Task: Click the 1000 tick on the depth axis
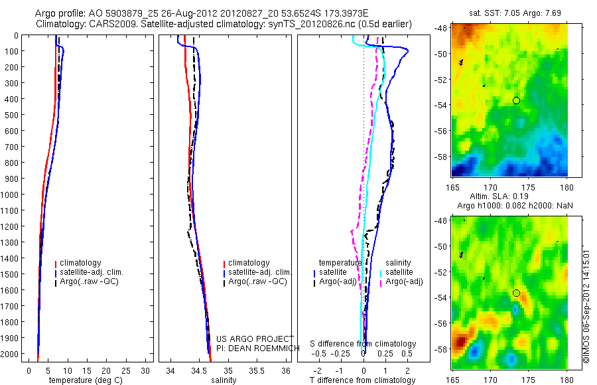(13, 194)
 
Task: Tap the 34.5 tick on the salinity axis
(200, 370)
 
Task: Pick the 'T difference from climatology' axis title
(363, 380)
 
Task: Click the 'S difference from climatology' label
(363, 344)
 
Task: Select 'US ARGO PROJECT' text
(254, 339)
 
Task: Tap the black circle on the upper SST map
(516, 100)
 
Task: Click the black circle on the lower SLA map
(516, 293)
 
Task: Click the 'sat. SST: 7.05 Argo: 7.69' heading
(509, 13)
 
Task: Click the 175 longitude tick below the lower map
(529, 380)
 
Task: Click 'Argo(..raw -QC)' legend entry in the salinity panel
(257, 281)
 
